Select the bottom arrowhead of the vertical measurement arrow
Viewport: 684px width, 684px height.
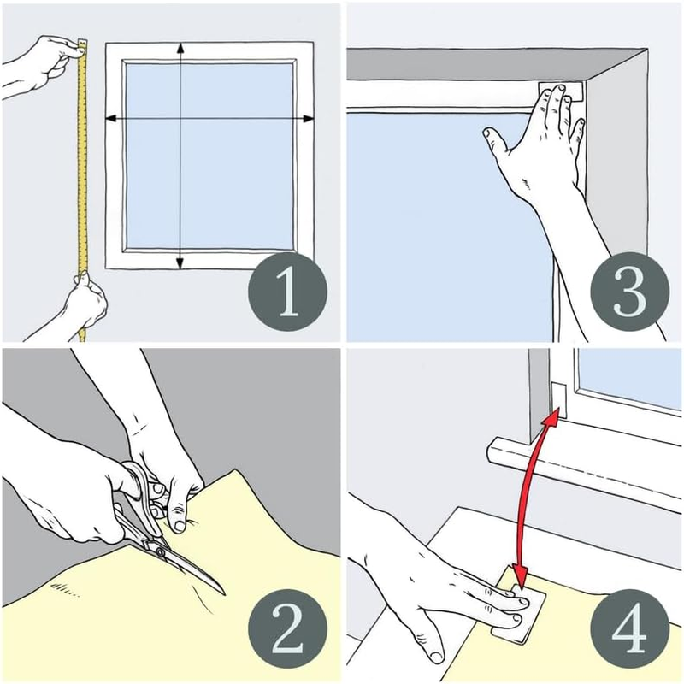(180, 263)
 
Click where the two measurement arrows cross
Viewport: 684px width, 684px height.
(180, 119)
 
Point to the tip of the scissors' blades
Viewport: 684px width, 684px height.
(222, 592)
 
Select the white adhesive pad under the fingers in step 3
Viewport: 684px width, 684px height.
(561, 89)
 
